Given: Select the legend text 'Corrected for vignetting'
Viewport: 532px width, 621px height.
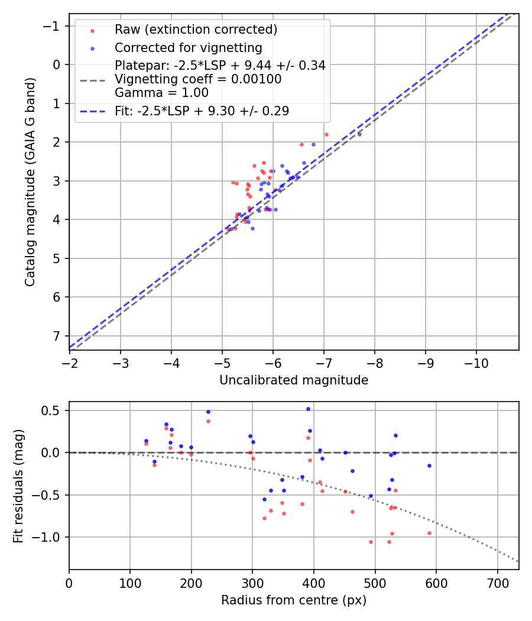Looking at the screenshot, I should click(x=189, y=47).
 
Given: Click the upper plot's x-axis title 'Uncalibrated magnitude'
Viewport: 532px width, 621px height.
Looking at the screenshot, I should click(x=294, y=380).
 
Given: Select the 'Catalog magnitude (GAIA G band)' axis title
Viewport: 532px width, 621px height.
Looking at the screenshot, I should click(x=31, y=182).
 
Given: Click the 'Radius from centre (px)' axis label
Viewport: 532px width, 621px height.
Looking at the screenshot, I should click(x=294, y=600).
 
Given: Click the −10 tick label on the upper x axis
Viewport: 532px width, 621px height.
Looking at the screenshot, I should click(x=476, y=362).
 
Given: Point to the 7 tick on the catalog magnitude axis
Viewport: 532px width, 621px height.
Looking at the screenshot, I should click(x=57, y=336).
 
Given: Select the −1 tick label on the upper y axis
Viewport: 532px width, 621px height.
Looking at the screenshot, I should click(x=54, y=26).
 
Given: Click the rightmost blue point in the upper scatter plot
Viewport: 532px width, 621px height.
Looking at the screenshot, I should click(x=359, y=134).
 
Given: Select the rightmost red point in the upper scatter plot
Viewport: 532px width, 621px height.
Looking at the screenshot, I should click(x=326, y=134).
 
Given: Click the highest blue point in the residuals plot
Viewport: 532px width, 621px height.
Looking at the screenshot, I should click(x=308, y=409).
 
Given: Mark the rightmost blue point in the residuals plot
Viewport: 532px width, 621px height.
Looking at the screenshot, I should click(x=429, y=465).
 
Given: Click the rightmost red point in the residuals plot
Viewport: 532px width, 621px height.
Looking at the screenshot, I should click(x=429, y=533).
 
